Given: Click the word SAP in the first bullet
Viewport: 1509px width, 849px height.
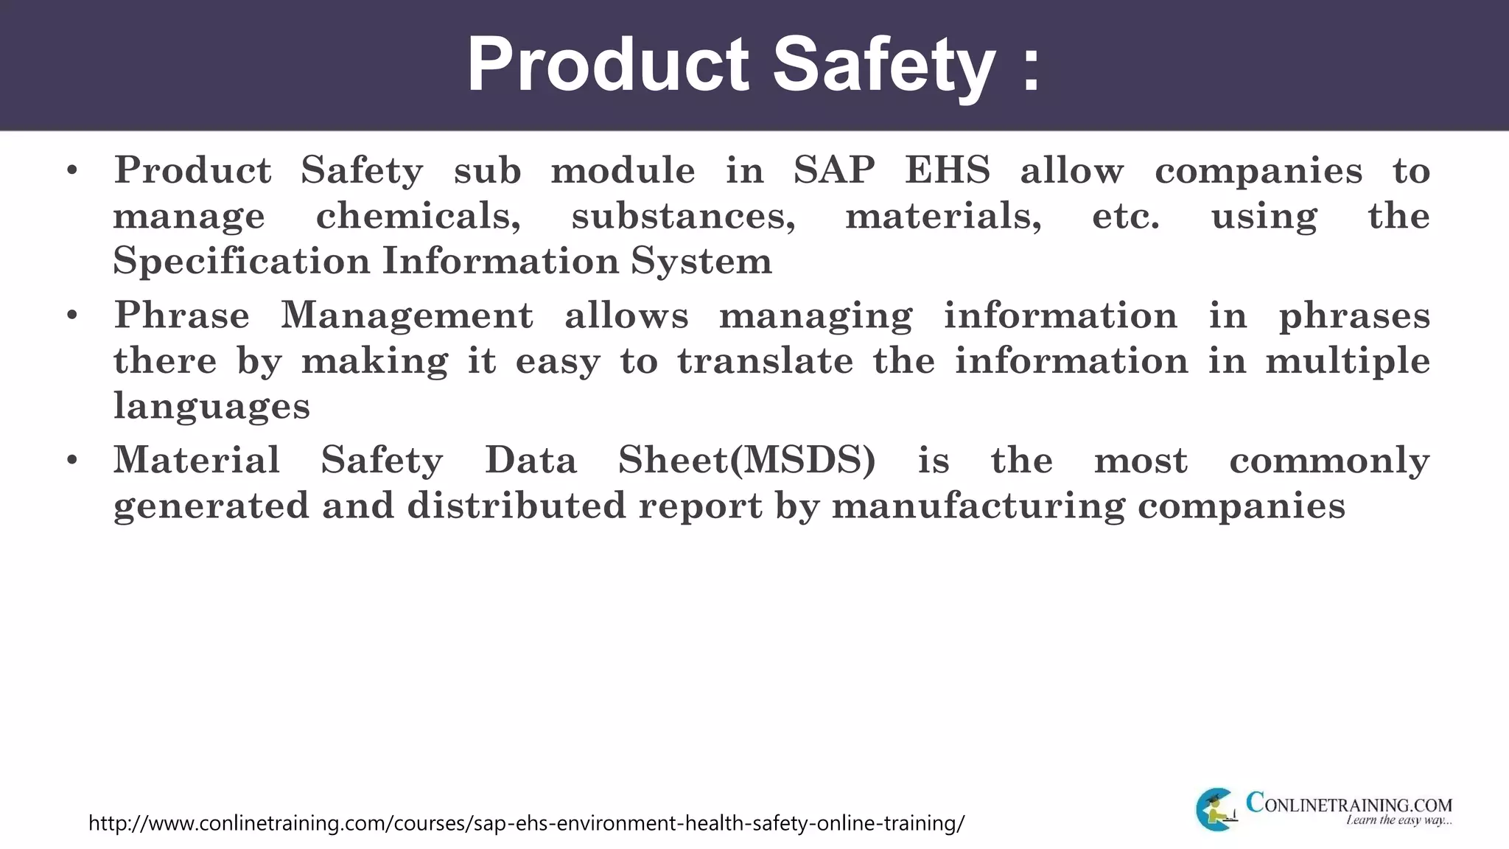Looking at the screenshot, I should pyautogui.click(x=834, y=170).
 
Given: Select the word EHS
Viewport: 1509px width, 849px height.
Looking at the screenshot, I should pyautogui.click(x=948, y=170).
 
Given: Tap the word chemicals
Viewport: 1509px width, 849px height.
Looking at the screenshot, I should pyautogui.click(x=418, y=216).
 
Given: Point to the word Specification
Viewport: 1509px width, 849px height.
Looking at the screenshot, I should pyautogui.click(x=241, y=261).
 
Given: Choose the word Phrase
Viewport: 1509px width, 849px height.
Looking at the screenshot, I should pyautogui.click(x=181, y=315).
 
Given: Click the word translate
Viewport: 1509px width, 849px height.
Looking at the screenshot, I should pyautogui.click(x=766, y=361).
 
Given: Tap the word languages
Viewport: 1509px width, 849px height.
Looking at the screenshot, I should pyautogui.click(x=211, y=407).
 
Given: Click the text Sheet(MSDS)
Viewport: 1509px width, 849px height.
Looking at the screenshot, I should pyautogui.click(x=746, y=461).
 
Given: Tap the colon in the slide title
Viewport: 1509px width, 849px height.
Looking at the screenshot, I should pyautogui.click(x=1032, y=67).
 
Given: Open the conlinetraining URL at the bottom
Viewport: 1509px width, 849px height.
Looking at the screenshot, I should pyautogui.click(x=526, y=822).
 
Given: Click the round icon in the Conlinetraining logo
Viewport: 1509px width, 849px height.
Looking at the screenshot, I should pyautogui.click(x=1216, y=809).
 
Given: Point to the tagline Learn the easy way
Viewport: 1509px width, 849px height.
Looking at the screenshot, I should pyautogui.click(x=1398, y=820).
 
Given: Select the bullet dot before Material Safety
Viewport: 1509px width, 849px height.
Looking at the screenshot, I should pyautogui.click(x=71, y=461).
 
